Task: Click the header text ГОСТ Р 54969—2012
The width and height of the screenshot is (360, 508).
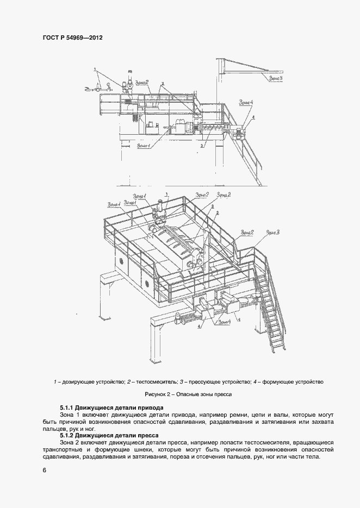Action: [x=72, y=38]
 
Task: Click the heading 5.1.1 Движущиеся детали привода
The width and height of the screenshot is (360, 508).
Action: [x=111, y=407]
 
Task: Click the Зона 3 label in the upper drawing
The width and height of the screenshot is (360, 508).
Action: [x=275, y=78]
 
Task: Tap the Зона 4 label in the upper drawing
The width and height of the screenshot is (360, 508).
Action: [x=245, y=102]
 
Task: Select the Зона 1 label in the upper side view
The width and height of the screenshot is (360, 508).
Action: [x=144, y=145]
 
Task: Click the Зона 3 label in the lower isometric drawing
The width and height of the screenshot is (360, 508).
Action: [x=272, y=233]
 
